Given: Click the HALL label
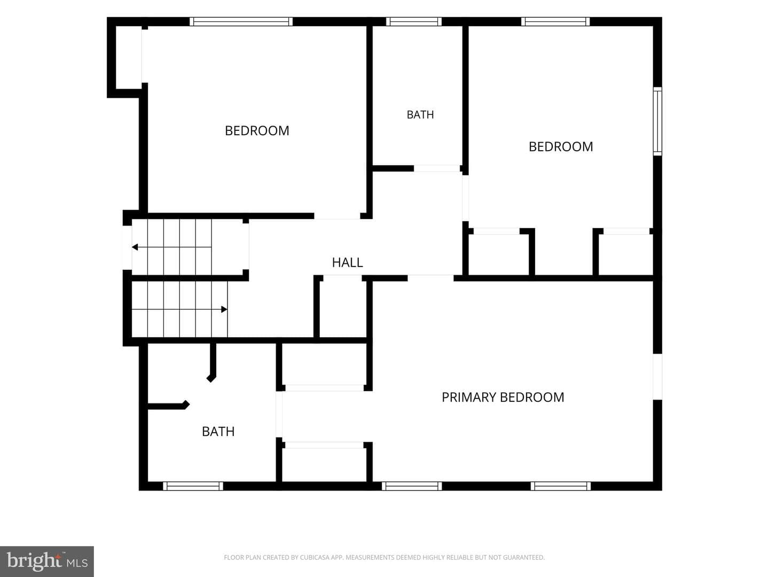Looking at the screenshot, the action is [347, 262].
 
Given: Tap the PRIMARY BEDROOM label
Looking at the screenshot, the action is [503, 397].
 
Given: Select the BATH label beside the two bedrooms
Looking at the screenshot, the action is [420, 114].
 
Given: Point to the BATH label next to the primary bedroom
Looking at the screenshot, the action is [218, 432].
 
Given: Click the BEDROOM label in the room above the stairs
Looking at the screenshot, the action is [257, 131].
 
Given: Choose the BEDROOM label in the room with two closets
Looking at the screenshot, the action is [561, 147].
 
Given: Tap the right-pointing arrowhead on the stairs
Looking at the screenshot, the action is [224, 309].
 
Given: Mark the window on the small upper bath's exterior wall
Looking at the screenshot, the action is [414, 22].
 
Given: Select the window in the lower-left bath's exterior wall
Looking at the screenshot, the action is [193, 486].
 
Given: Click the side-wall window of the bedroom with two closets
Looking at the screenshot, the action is [657, 121].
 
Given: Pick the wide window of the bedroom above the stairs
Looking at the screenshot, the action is [241, 22].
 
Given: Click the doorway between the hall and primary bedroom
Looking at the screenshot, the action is [430, 278].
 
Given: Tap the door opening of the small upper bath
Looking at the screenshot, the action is [437, 168].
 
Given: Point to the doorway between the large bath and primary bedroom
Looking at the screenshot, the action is [279, 415].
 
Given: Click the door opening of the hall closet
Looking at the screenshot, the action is [342, 278].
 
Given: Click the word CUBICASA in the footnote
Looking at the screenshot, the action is [313, 557].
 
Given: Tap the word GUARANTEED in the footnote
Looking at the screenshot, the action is [527, 557].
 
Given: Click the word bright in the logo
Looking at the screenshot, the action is [34, 561].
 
